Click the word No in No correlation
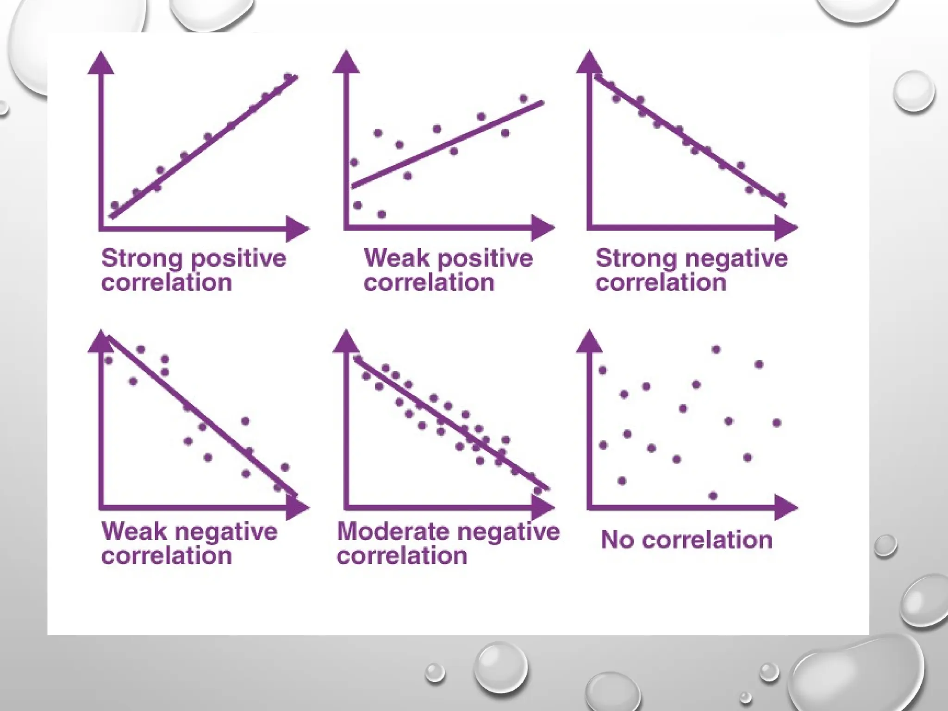tap(617, 540)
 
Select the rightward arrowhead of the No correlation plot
tap(785, 507)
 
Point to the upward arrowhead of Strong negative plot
tap(589, 63)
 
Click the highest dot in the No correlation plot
tap(716, 349)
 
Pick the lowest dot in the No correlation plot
tap(713, 496)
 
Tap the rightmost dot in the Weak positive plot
tap(524, 98)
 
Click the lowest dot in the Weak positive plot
tap(382, 214)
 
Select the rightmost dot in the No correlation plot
tap(777, 423)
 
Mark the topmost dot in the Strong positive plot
tap(288, 77)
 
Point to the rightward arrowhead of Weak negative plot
tap(297, 507)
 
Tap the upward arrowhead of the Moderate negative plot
tap(346, 342)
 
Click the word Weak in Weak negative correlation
tap(134, 531)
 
